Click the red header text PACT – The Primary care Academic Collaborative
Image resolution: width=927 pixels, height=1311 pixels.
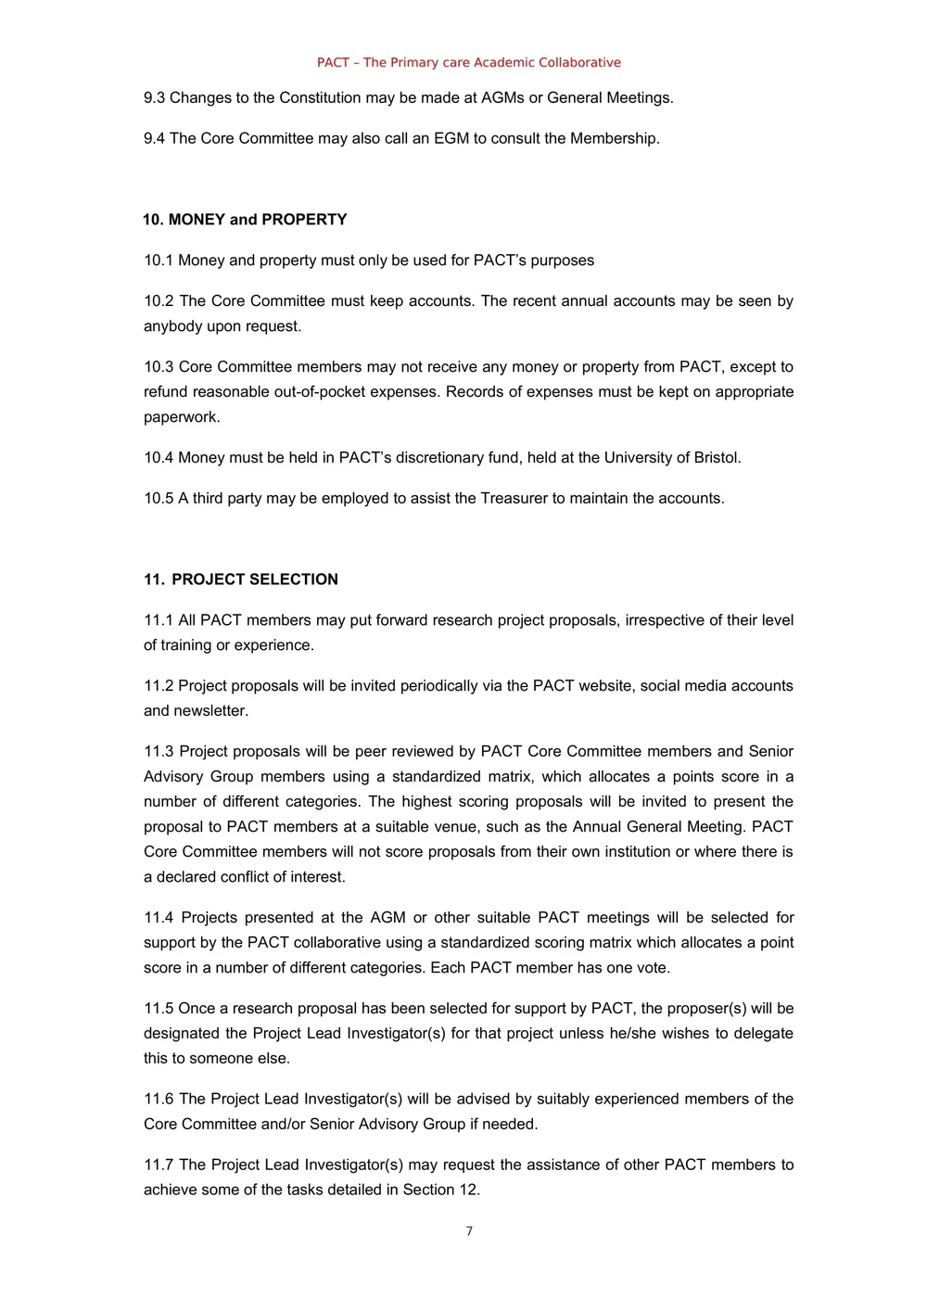coord(468,62)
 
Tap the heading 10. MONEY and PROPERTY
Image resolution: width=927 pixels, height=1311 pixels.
coord(245,220)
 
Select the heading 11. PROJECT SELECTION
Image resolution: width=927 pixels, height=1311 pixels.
coord(241,579)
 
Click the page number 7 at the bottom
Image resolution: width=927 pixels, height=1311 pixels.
coord(469,1231)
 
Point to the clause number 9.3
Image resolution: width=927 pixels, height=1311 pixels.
coord(154,98)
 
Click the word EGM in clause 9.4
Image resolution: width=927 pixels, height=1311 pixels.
coord(451,139)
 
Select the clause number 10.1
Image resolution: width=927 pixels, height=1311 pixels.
coord(159,261)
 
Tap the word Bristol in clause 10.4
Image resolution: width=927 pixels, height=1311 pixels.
coord(716,458)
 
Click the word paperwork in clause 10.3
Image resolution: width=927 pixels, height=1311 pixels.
coord(181,417)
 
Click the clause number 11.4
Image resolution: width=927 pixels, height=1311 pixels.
coord(159,918)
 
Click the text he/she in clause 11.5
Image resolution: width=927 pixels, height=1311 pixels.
coord(633,1034)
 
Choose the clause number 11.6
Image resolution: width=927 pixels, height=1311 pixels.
coord(159,1100)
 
